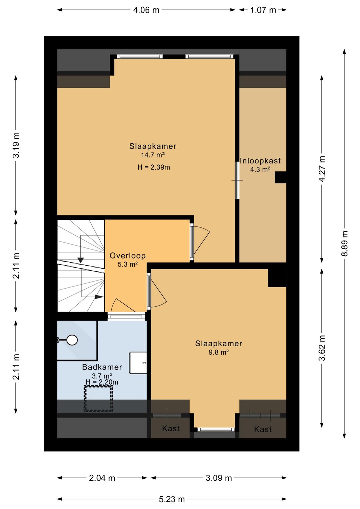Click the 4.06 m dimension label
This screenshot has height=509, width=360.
click(146, 10)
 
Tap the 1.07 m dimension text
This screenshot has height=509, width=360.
click(263, 10)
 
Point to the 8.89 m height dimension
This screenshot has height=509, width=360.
click(345, 244)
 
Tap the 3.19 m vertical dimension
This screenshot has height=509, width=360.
click(16, 145)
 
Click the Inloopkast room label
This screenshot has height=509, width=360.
click(260, 161)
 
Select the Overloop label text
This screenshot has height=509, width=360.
click(128, 256)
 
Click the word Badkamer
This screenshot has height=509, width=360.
click(102, 367)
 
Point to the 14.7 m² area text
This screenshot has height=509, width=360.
click(153, 155)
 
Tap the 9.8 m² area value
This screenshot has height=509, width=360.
click(218, 352)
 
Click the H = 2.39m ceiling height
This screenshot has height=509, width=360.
click(154, 167)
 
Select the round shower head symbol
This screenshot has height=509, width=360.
click(72, 340)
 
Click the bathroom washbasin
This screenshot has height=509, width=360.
click(138, 363)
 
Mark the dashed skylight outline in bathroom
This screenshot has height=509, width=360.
click(98, 399)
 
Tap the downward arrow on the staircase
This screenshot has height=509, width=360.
click(81, 260)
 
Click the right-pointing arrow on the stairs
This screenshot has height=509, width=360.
click(99, 297)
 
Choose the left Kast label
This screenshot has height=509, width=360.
click(171, 429)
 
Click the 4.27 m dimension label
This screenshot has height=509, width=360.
click(322, 169)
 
